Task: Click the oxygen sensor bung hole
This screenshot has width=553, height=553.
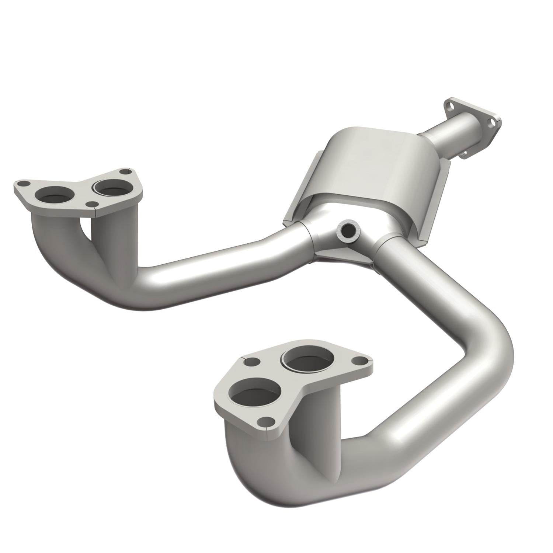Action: pos(348,231)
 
